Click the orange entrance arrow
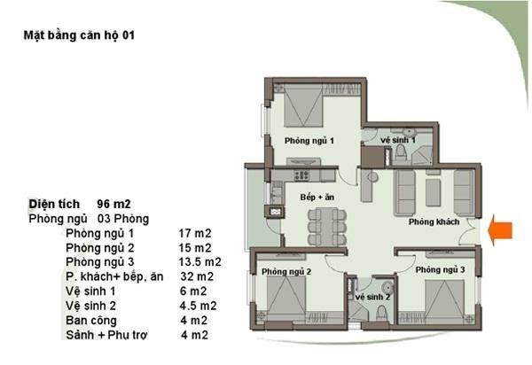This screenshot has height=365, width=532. click(x=500, y=230)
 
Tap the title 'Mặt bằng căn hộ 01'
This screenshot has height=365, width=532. click(x=79, y=35)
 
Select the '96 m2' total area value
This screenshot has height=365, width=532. click(x=113, y=204)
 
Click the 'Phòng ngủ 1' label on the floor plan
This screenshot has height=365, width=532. click(x=309, y=140)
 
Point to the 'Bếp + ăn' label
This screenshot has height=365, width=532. click(x=317, y=198)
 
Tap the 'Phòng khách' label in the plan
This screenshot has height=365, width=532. click(x=434, y=222)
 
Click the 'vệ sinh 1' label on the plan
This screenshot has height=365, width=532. click(x=397, y=140)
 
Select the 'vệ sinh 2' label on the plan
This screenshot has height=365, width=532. click(x=372, y=297)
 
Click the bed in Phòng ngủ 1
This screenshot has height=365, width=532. click(x=303, y=106)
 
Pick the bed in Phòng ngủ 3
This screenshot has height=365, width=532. click(x=444, y=297)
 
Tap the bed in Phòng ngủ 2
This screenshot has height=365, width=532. click(x=286, y=295)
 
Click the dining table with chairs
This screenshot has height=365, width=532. click(x=327, y=227)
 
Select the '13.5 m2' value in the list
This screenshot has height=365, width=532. click(x=199, y=262)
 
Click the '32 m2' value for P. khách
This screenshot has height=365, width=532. click(x=197, y=276)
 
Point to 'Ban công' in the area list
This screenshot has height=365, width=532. click(x=91, y=321)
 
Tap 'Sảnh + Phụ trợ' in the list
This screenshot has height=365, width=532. click(x=106, y=335)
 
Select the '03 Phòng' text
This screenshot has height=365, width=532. click(x=123, y=219)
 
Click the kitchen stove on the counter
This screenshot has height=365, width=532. click(x=301, y=175)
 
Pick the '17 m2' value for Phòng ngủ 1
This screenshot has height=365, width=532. click(x=195, y=233)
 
